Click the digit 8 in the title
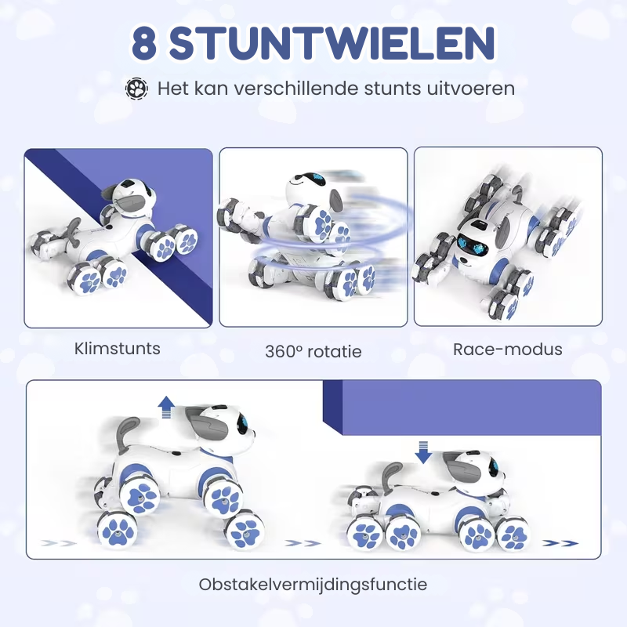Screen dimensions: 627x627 (x=143, y=43)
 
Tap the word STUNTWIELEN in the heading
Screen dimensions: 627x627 (x=332, y=43)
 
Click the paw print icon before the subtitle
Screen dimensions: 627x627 (x=136, y=89)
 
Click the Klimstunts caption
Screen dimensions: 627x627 (x=117, y=348)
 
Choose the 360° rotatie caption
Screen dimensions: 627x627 (x=313, y=351)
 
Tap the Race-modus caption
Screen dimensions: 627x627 (x=507, y=349)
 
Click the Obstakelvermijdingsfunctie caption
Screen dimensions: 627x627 (x=313, y=584)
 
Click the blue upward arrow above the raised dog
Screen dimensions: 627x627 (x=166, y=407)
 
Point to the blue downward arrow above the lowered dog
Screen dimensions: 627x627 (x=423, y=452)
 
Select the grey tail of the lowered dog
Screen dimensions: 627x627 (x=390, y=477)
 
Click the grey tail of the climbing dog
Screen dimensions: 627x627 (x=72, y=230)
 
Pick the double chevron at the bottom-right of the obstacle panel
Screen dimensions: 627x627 (x=560, y=542)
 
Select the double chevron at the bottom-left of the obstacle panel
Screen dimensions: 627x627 (x=59, y=542)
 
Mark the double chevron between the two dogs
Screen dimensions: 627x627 (x=303, y=542)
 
